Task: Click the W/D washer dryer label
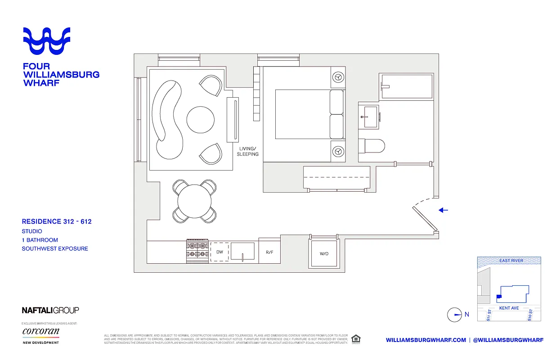click(324, 254)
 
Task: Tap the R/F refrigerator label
click(269, 252)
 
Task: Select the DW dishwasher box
click(220, 252)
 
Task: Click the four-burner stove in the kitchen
click(197, 251)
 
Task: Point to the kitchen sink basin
click(242, 251)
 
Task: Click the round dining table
click(195, 201)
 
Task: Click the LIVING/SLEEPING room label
click(248, 151)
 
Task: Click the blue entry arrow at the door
click(444, 210)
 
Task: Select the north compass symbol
click(455, 315)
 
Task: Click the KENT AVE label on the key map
click(509, 308)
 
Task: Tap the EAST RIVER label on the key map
click(511, 261)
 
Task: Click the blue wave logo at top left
click(47, 41)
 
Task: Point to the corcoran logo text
click(41, 332)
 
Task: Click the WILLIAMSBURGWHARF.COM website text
click(426, 340)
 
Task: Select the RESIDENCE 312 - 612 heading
click(57, 221)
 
